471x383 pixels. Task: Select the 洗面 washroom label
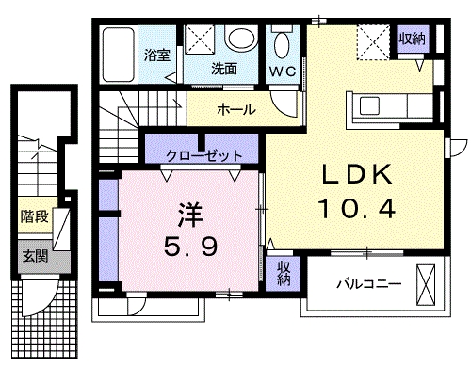pyautogui.click(x=222, y=68)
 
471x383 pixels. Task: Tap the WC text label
pyautogui.click(x=283, y=72)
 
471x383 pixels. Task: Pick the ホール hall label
pyautogui.click(x=235, y=109)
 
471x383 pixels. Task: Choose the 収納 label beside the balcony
pyautogui.click(x=284, y=273)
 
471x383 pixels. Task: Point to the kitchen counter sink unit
pyautogui.click(x=385, y=109)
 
